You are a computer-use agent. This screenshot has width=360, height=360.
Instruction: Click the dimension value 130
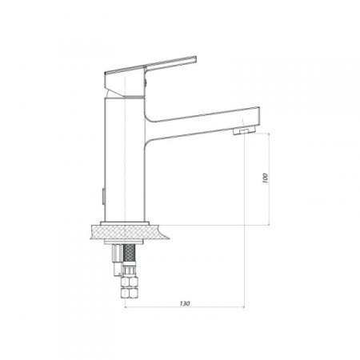pos(185,303)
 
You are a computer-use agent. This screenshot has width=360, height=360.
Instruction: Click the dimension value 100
pos(265,178)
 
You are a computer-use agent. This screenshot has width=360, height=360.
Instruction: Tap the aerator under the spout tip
pos(244,130)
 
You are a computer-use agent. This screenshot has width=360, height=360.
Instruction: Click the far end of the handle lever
pos(196,59)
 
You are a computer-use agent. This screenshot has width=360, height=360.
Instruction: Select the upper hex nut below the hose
pos(129,281)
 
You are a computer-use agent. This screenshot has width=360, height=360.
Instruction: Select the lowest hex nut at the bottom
pos(129,292)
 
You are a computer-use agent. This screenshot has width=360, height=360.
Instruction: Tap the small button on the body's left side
pos(103,196)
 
